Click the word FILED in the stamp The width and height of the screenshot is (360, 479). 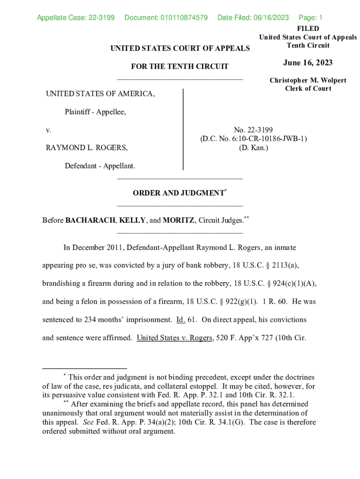point(308,29)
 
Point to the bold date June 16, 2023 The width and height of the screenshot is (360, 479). point(308,63)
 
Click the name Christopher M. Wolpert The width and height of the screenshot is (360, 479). point(308,80)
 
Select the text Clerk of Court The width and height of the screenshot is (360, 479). point(308,88)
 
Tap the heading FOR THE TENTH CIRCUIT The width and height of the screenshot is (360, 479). point(180,66)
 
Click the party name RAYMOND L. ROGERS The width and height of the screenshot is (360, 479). point(86,147)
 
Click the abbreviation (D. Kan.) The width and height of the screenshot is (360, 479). point(254,147)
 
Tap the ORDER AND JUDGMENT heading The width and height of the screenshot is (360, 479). point(178,193)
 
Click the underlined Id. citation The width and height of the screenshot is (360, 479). point(181,320)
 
